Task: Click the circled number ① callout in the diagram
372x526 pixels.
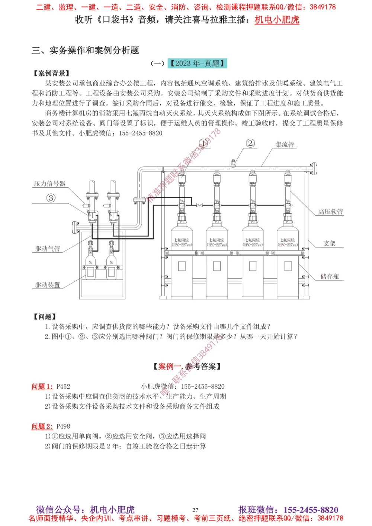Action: tap(203, 143)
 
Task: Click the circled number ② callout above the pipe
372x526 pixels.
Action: tap(250, 143)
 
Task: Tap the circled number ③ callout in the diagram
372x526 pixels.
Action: tap(51, 198)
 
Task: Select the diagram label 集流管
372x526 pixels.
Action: tap(285, 144)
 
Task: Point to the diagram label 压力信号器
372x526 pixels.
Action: tap(49, 184)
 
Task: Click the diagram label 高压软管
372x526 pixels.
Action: tap(330, 212)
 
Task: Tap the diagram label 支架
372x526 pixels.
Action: tap(329, 243)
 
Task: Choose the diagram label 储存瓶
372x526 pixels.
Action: tap(330, 276)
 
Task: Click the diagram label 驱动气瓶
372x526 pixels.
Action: tap(48, 248)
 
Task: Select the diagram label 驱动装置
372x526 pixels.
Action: tap(48, 285)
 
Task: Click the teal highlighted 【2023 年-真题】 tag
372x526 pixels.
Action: tap(197, 63)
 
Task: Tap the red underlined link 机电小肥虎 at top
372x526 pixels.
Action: tap(277, 20)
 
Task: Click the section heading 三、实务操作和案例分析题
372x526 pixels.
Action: tap(85, 50)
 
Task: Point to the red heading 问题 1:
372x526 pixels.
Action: tap(42, 387)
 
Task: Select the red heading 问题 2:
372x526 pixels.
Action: tap(42, 426)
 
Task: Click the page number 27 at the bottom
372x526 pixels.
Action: tap(195, 510)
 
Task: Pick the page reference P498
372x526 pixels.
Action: tap(63, 426)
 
